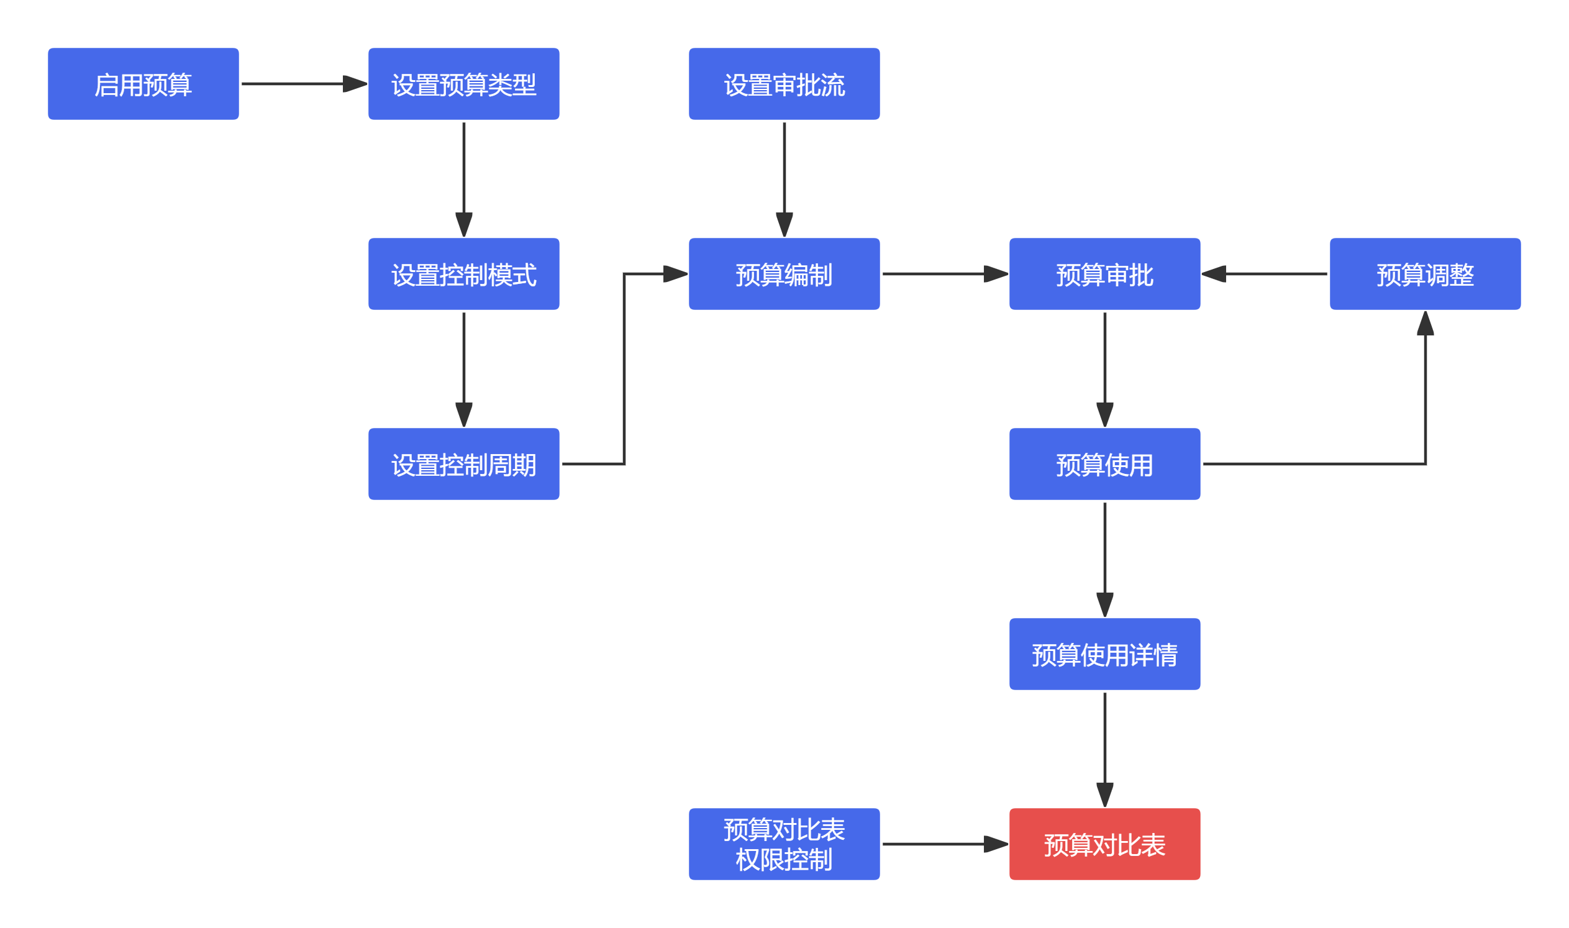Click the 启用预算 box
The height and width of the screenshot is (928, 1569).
pyautogui.click(x=143, y=84)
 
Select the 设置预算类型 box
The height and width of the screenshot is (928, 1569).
pyautogui.click(x=464, y=84)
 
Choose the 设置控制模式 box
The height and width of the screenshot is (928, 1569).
pyautogui.click(x=464, y=274)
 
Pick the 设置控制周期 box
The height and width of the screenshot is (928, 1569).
pyautogui.click(x=464, y=464)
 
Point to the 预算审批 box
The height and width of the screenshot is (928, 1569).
pyautogui.click(x=1105, y=274)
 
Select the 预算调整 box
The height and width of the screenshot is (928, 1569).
pyautogui.click(x=1426, y=274)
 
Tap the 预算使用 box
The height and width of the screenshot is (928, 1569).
pyautogui.click(x=1105, y=464)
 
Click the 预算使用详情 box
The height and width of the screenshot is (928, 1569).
pyautogui.click(x=1105, y=654)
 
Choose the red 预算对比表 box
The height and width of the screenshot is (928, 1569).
pyautogui.click(x=1105, y=844)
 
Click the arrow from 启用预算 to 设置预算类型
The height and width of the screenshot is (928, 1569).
pyautogui.click(x=304, y=84)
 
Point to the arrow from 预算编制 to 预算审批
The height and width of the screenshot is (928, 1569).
pyautogui.click(x=945, y=274)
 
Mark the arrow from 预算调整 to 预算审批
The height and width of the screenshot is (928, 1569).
pyautogui.click(x=1265, y=274)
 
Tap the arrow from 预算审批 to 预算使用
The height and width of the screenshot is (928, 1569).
pyautogui.click(x=1105, y=370)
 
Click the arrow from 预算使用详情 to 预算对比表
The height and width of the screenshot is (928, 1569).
pyautogui.click(x=1105, y=750)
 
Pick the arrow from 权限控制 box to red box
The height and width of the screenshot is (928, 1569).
pyautogui.click(x=945, y=844)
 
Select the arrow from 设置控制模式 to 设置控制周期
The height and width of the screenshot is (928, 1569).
pyautogui.click(x=464, y=370)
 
